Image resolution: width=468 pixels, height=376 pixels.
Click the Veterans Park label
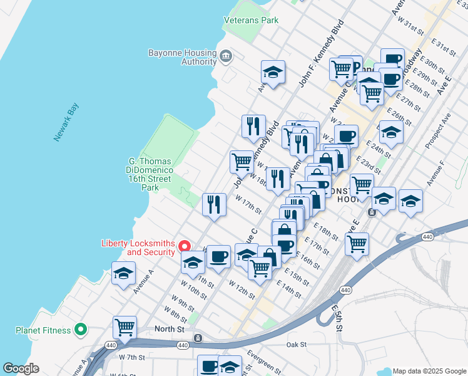tap(252, 20)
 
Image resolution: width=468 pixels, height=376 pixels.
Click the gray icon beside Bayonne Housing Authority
tap(226, 58)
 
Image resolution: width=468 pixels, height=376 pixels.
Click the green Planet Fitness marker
tap(80, 329)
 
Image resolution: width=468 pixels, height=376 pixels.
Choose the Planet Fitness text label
tap(44, 330)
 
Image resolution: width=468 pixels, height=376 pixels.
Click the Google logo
tap(21, 368)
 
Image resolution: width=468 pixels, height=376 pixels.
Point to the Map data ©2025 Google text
tap(429, 370)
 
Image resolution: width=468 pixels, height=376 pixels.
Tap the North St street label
tap(170, 329)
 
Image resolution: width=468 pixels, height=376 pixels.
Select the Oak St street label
tap(296, 345)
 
